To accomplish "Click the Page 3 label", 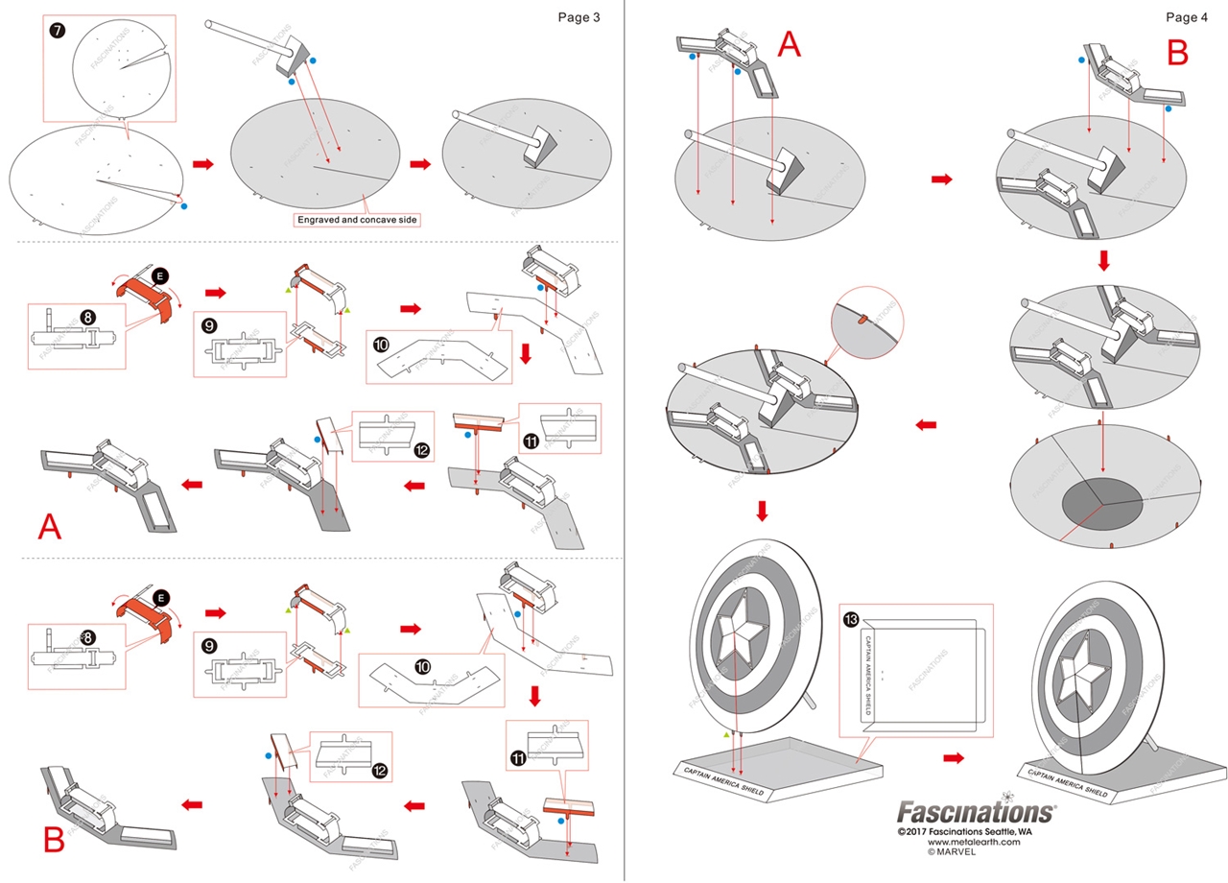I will (579, 17).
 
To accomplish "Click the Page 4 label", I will (1187, 17).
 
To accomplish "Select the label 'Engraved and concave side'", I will (359, 220).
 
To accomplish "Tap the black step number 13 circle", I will (852, 618).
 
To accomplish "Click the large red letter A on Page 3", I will (49, 526).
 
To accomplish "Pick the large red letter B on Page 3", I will (54, 839).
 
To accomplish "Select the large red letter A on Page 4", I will (789, 44).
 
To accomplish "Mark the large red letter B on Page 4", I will (1177, 53).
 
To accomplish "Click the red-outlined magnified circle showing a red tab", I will (865, 322).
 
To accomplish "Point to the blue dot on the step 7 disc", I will (184, 205).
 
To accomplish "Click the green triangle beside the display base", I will (726, 733).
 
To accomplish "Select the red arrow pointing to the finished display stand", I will (953, 758).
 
